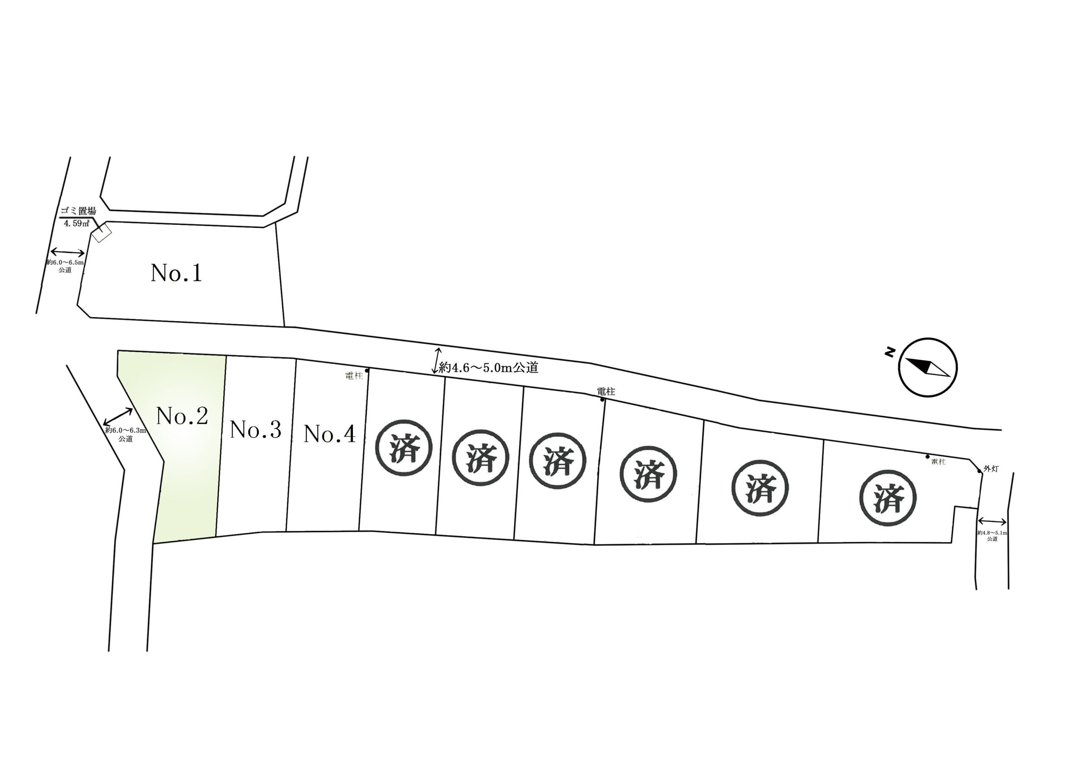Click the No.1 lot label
[176, 273]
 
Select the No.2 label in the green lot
[182, 416]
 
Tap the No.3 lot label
[255, 430]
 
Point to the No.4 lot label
[329, 434]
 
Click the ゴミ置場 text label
[78, 211]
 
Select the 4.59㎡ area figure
[77, 223]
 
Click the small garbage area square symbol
[102, 234]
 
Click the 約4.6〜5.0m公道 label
[489, 368]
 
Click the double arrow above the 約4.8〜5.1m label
[992, 521]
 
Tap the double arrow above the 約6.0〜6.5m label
[67, 252]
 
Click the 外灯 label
[991, 469]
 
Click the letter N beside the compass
[890, 352]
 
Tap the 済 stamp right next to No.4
[404, 448]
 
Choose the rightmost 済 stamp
[888, 498]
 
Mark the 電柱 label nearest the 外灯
[938, 462]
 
